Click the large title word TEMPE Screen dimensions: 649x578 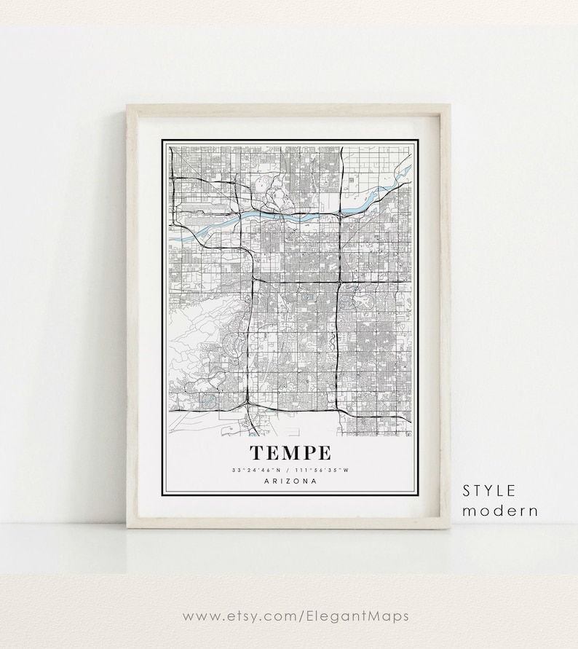coord(290,453)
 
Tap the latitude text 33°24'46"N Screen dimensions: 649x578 coord(260,471)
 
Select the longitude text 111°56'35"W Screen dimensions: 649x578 coord(321,471)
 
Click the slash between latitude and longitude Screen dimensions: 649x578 coord(290,471)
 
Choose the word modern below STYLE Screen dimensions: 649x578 coord(500,511)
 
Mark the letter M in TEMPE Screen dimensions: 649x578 coord(290,453)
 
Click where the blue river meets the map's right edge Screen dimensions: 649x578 coord(410,169)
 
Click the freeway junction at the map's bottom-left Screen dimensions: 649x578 coord(248,402)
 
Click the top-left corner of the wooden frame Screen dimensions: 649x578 coord(129,106)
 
